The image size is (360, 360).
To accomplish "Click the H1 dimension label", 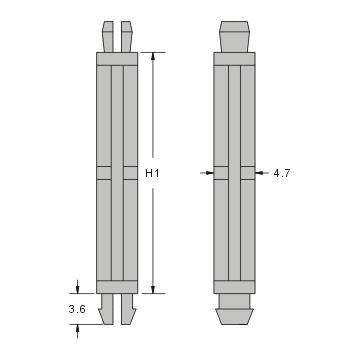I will tap(153, 173).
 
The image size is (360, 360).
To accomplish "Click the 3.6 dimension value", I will tap(77, 311).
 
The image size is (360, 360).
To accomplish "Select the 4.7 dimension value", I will tap(282, 173).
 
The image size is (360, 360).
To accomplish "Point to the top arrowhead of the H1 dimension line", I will tap(153, 57).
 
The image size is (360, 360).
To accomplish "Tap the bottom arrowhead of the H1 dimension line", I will tap(153, 289).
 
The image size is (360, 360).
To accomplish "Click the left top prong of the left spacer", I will tap(107, 35).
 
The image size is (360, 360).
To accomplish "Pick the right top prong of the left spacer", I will tap(126, 35).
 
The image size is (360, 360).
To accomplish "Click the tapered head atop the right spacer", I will tap(234, 35).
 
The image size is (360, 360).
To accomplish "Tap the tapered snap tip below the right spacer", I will tap(234, 314).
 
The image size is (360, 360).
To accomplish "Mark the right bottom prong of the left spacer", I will tap(126, 311).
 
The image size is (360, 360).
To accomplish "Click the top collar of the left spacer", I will tap(116, 58).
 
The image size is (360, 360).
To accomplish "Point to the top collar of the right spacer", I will tap(234, 58).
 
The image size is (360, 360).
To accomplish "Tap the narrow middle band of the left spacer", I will tap(116, 172).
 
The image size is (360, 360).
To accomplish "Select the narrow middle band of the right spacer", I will tap(234, 172).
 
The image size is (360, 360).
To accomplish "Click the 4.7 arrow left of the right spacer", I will tap(209, 172).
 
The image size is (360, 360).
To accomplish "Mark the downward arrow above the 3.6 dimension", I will tap(77, 288).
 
